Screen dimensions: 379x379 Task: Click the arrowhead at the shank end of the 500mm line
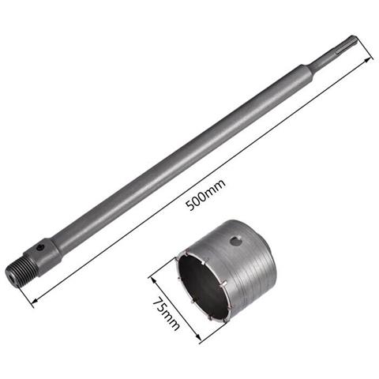pyautogui.click(x=368, y=58)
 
